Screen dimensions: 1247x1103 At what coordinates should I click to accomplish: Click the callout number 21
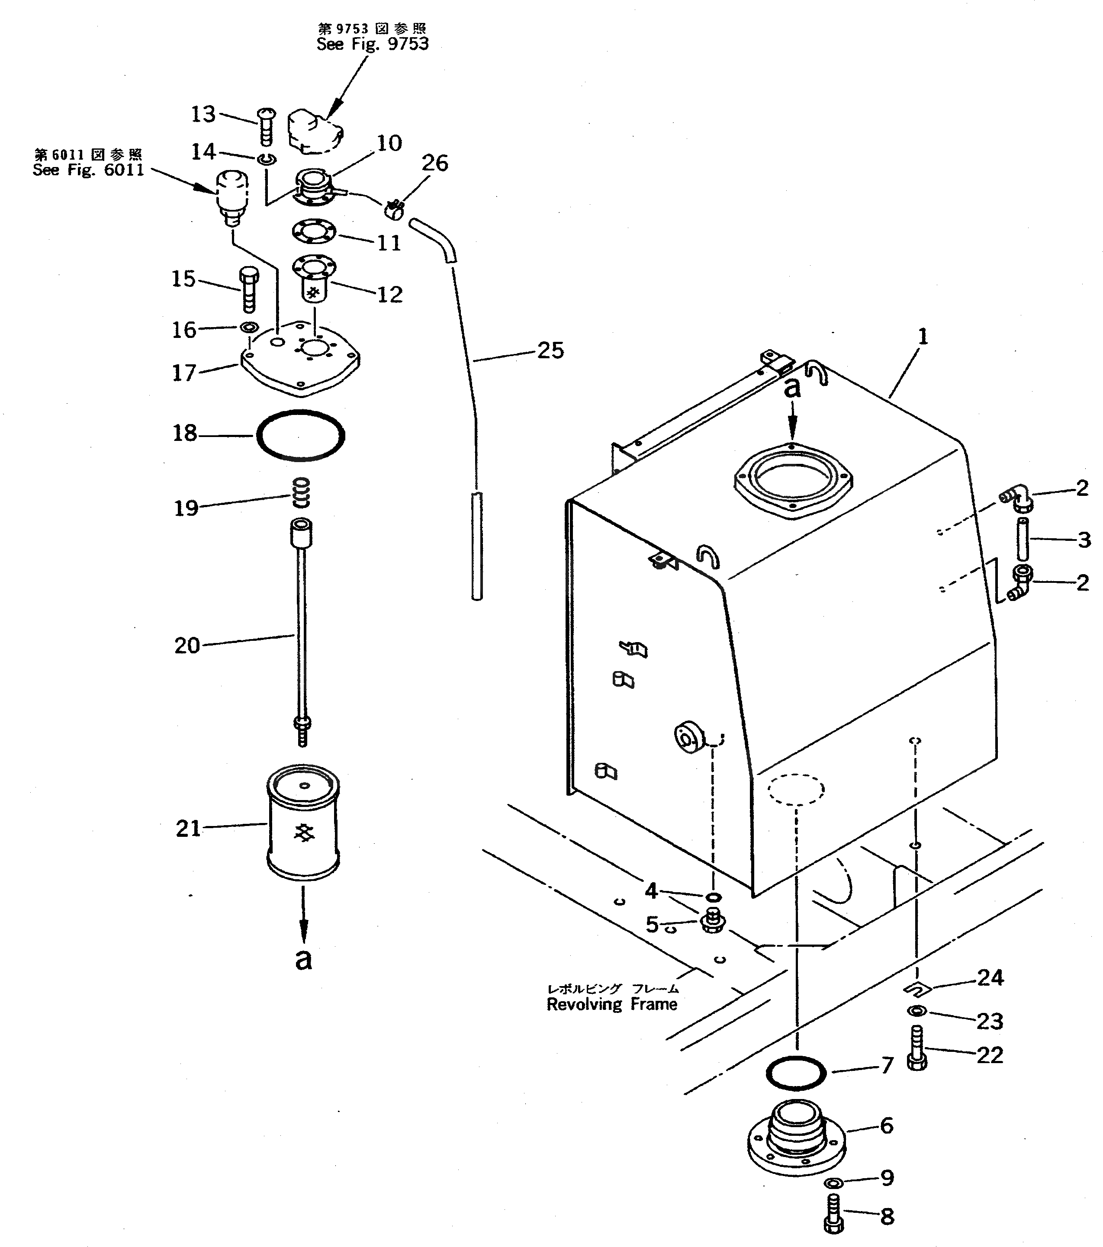(x=188, y=829)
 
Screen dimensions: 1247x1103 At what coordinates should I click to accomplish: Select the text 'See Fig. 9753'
(x=372, y=44)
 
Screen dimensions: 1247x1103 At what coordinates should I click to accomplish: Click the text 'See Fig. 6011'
(x=88, y=170)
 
